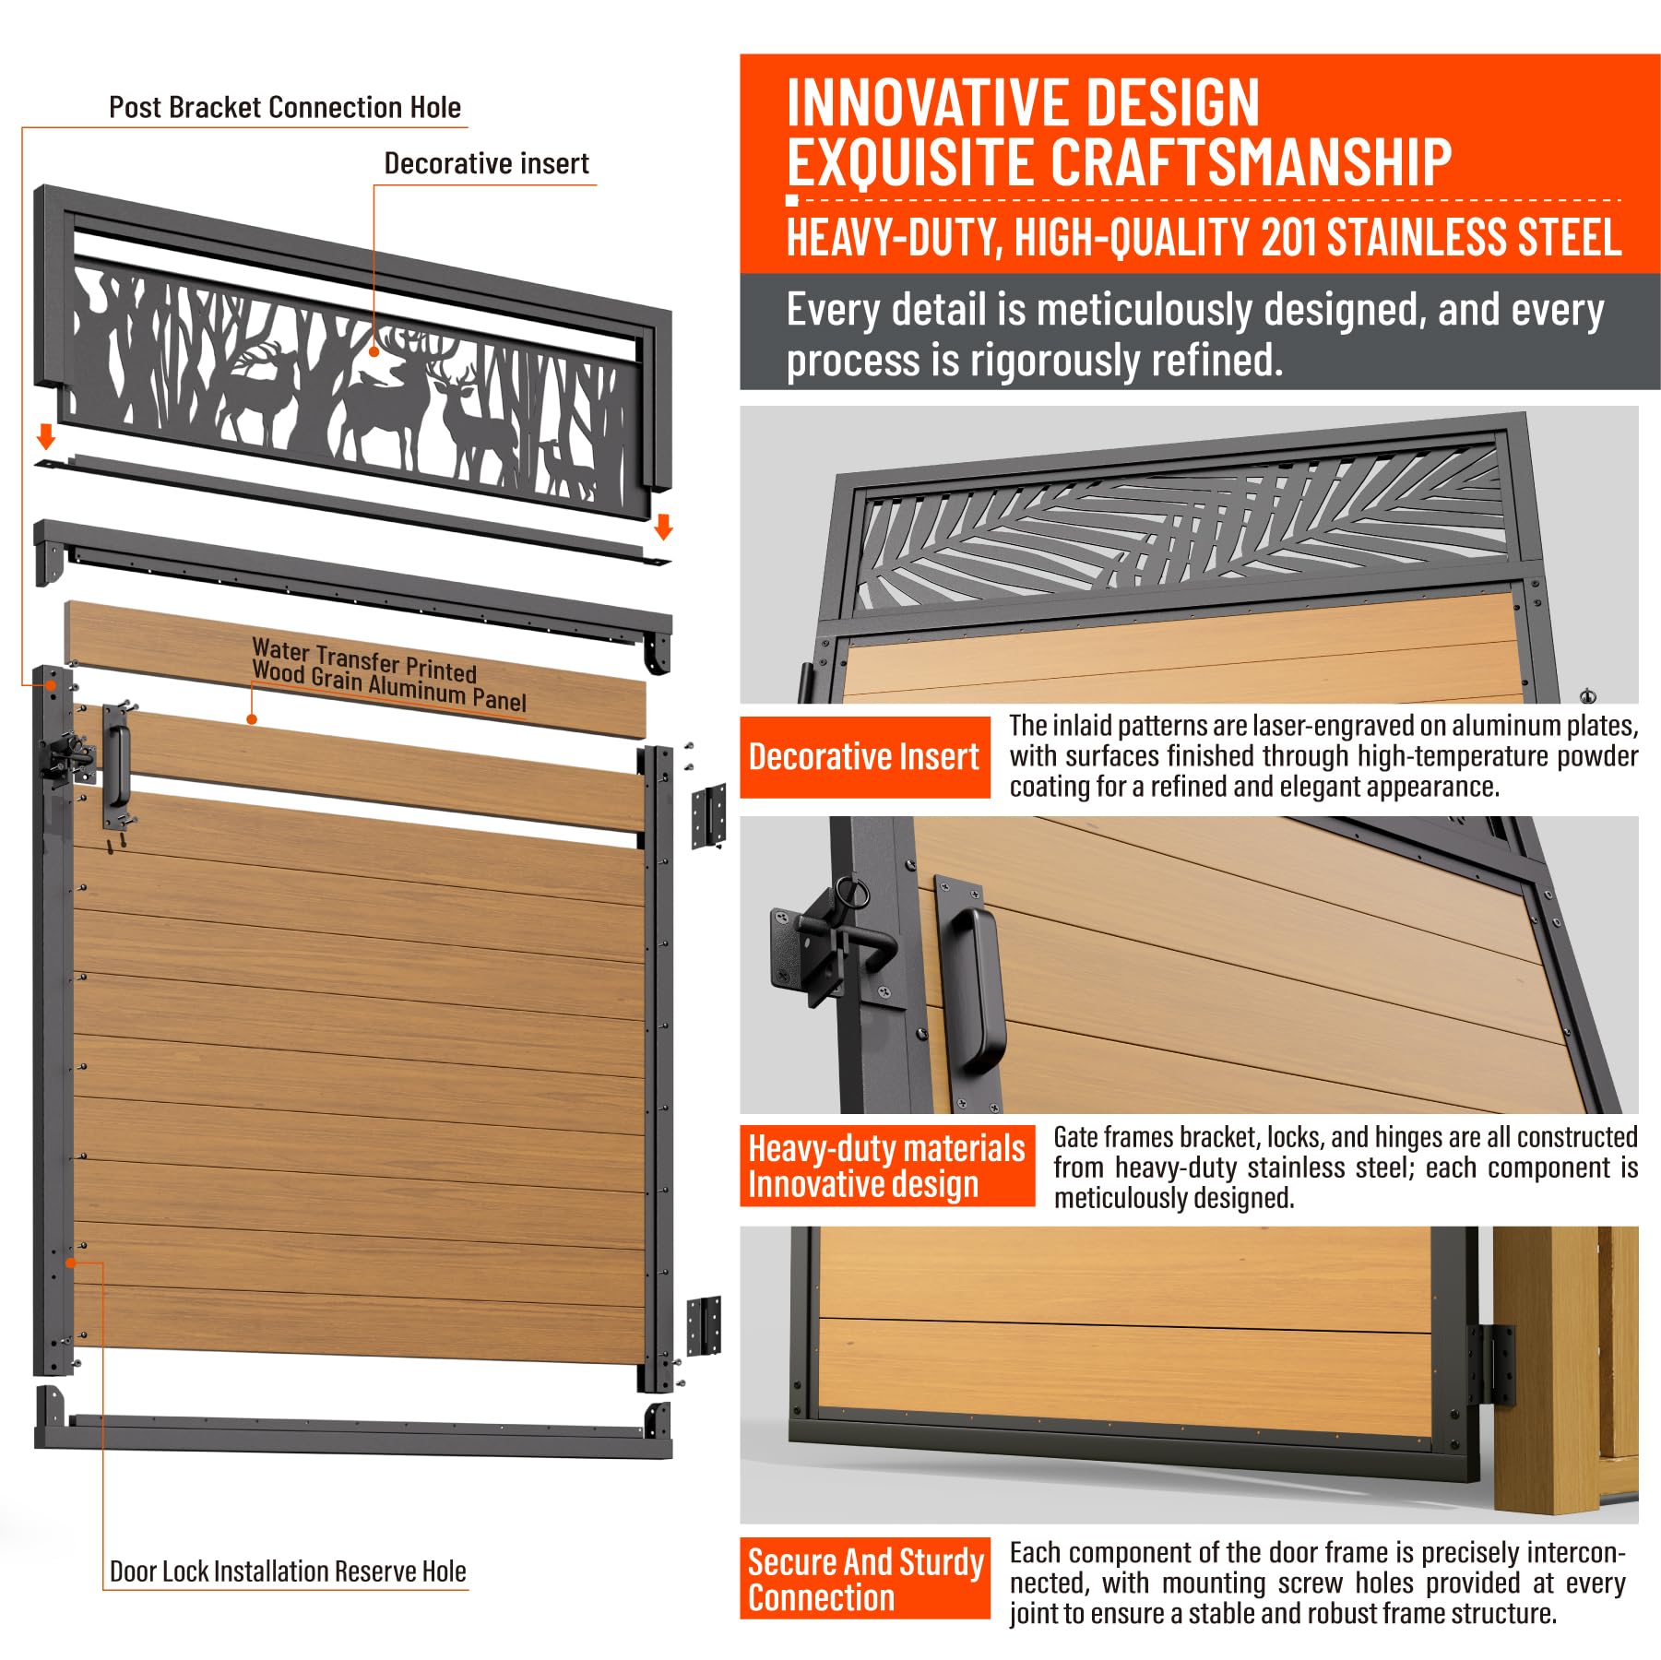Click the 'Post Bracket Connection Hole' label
[x=284, y=107]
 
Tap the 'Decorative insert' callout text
[x=486, y=163]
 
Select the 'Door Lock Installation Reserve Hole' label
[x=288, y=1571]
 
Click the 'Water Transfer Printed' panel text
[x=364, y=660]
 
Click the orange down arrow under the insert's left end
[x=45, y=434]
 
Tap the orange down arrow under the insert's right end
[x=663, y=527]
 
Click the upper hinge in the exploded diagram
[x=708, y=816]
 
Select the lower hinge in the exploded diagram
[x=704, y=1325]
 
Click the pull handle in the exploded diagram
[x=118, y=765]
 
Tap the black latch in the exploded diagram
[x=67, y=758]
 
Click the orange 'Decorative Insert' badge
[x=864, y=757]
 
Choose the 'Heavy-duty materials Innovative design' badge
[x=886, y=1166]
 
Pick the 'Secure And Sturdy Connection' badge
[x=864, y=1579]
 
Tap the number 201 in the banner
[x=1290, y=237]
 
